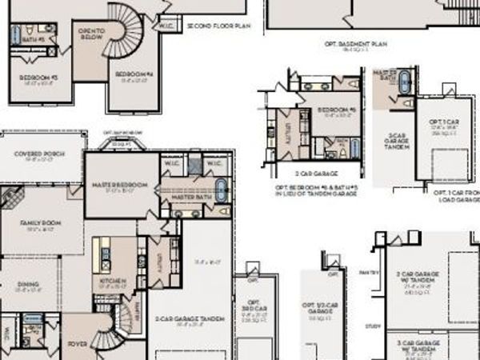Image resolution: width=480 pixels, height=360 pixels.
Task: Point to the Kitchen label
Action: click(108, 282)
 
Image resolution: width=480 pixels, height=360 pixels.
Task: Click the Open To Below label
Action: click(91, 34)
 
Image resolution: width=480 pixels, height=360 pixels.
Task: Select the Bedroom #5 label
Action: click(336, 110)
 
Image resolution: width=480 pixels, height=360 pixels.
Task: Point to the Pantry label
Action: click(368, 273)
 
